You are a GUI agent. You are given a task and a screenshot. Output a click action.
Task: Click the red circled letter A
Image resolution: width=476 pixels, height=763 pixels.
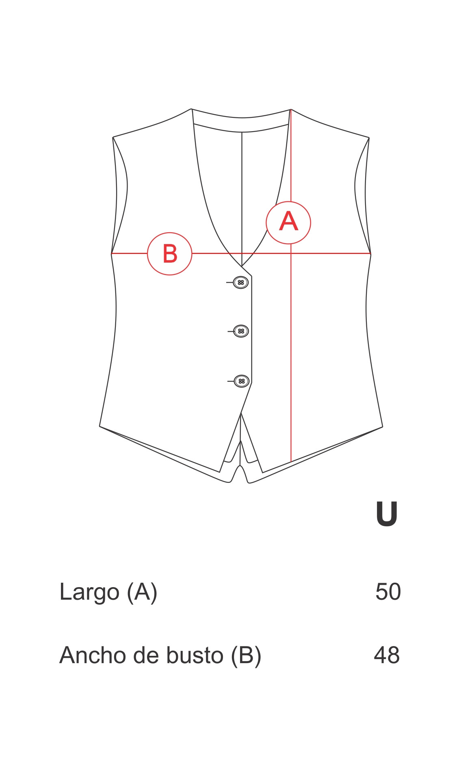(x=288, y=223)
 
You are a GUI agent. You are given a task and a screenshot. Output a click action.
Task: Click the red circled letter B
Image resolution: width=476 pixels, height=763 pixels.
(x=169, y=254)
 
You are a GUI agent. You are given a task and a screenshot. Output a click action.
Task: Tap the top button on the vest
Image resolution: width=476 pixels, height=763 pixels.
(x=241, y=282)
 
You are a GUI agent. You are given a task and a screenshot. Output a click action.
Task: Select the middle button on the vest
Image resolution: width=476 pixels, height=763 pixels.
(x=241, y=331)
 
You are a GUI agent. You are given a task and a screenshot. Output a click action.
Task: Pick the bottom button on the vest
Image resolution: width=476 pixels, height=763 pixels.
(x=241, y=381)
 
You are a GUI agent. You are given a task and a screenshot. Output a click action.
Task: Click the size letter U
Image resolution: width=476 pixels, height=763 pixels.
(x=386, y=514)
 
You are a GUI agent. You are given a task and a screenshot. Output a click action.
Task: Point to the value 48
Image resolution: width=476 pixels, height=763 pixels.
(x=387, y=655)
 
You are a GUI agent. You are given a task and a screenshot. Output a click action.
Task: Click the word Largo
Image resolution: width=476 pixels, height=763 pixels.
(x=89, y=592)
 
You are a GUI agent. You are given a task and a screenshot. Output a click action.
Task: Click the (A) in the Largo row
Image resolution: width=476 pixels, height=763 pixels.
(x=142, y=592)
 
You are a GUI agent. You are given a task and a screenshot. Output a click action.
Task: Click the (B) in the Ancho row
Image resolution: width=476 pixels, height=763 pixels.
(x=246, y=656)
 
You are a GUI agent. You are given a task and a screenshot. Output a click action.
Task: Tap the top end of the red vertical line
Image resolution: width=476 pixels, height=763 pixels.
(x=291, y=110)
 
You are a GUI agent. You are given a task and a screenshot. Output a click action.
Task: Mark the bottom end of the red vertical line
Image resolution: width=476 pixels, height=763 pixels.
(x=291, y=462)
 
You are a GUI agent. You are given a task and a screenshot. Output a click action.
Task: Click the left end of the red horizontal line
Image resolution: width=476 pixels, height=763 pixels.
(x=112, y=253)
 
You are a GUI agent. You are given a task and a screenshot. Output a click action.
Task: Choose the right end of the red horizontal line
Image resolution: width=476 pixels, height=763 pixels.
(x=370, y=253)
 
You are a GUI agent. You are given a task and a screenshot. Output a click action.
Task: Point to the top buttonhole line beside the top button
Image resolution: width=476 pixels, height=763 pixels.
(x=230, y=282)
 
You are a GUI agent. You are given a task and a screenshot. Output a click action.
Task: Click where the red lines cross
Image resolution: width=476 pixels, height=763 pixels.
(x=291, y=253)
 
